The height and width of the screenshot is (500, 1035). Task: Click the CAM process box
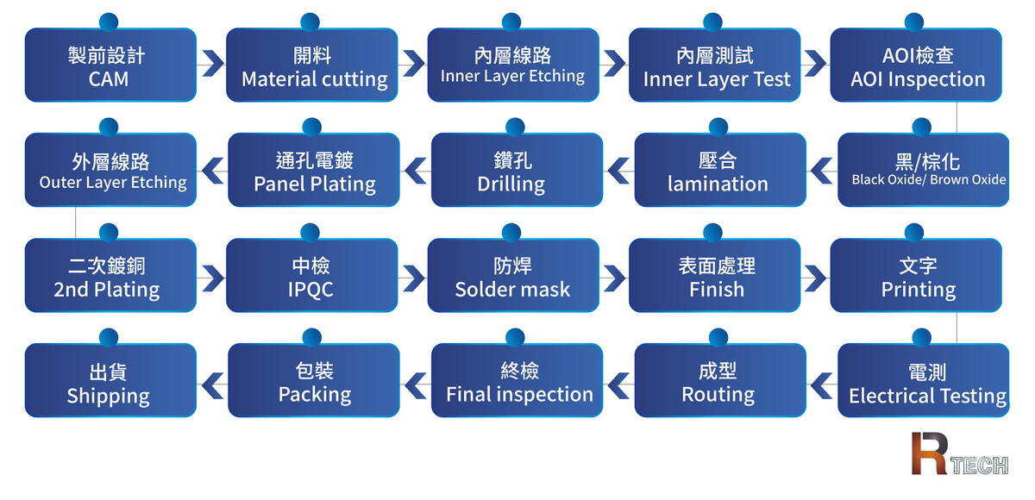click(110, 66)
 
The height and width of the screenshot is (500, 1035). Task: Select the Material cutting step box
click(312, 66)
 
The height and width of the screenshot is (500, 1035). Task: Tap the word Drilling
click(511, 184)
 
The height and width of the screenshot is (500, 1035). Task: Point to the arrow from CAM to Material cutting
click(210, 65)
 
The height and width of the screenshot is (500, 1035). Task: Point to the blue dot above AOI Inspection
click(913, 22)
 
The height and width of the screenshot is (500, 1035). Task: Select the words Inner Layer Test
click(716, 80)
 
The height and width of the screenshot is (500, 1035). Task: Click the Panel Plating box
click(314, 171)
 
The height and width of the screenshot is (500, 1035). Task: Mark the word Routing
click(718, 395)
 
